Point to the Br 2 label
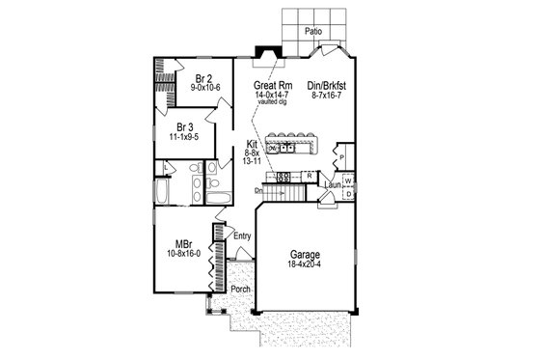[x=203, y=78]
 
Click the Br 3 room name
[x=186, y=125]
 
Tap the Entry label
[x=242, y=235]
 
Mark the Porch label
[x=241, y=290]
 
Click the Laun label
[x=332, y=184]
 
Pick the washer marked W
[x=348, y=180]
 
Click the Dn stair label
[x=258, y=191]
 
